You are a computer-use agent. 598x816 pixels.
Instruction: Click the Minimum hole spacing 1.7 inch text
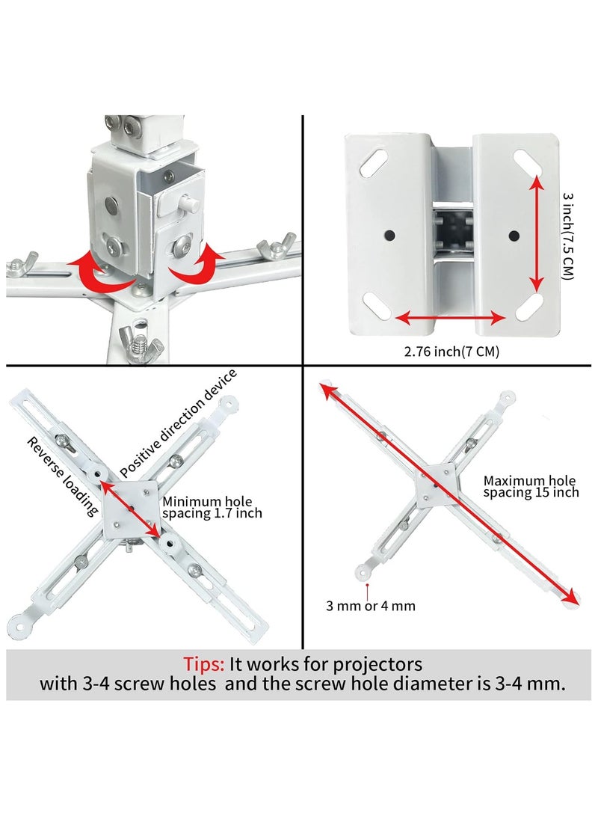point(212,507)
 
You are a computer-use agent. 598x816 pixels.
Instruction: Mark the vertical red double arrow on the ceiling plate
point(536,233)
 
